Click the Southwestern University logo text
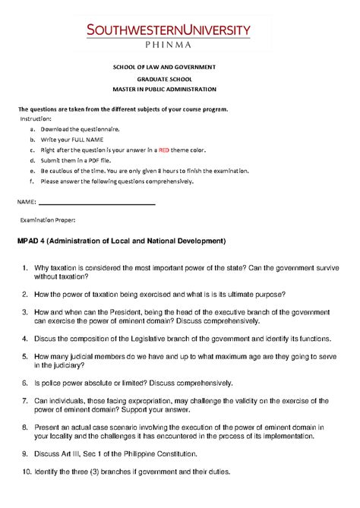click(x=178, y=30)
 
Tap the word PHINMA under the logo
click(x=179, y=45)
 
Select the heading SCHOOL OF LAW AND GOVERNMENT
click(x=180, y=68)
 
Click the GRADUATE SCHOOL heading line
click(x=180, y=79)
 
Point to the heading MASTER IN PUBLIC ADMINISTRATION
click(x=180, y=90)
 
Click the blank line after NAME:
click(x=96, y=203)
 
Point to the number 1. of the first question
click(x=25, y=268)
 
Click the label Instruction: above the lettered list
click(x=36, y=119)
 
